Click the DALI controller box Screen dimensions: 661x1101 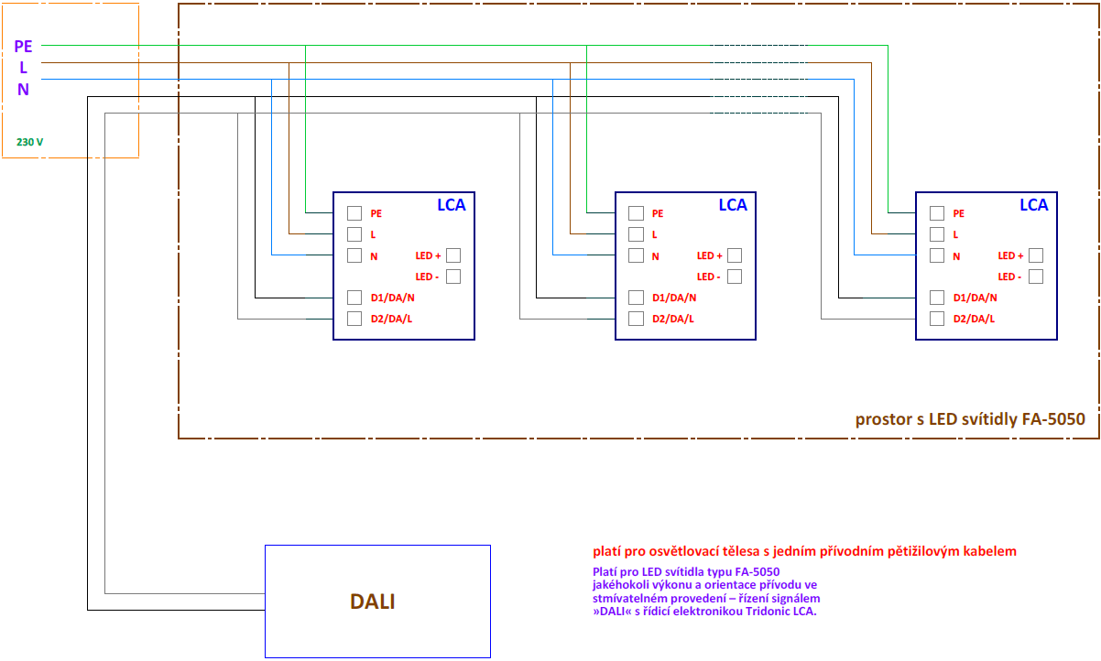point(377,601)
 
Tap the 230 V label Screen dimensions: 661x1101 point(30,143)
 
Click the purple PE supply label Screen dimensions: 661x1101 point(24,46)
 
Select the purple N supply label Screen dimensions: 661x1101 point(24,89)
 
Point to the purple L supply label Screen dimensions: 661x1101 point(24,68)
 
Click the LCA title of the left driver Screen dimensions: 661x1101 point(451,205)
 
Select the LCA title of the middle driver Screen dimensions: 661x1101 point(733,205)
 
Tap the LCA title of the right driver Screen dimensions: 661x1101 point(1034,205)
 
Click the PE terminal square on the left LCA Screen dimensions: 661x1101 point(354,213)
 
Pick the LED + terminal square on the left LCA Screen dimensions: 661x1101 point(453,255)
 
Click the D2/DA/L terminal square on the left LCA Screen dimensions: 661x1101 point(354,319)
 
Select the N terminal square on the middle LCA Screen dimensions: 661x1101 point(636,255)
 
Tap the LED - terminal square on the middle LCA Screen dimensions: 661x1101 point(735,276)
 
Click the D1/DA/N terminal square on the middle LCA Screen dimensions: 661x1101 point(636,298)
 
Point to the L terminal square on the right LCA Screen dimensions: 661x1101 point(937,234)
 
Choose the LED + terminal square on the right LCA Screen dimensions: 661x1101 point(1036,255)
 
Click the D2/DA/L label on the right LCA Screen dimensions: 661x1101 point(974,319)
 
